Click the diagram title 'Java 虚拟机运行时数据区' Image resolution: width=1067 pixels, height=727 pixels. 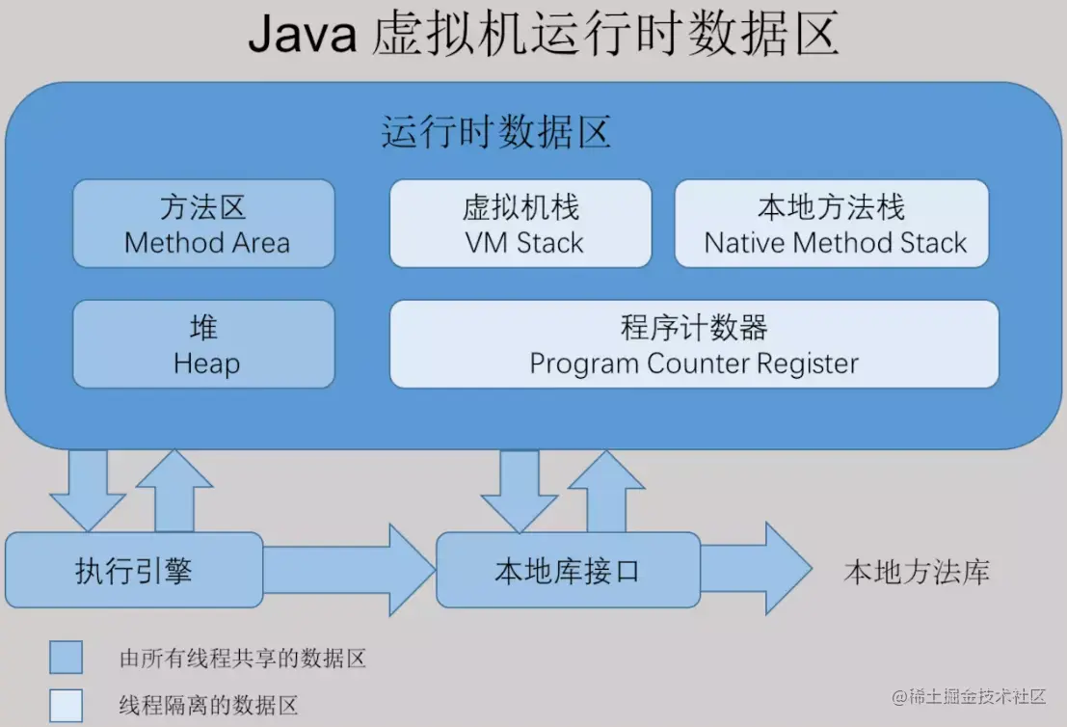tap(543, 36)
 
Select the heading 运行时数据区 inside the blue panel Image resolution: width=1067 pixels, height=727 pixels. tap(495, 132)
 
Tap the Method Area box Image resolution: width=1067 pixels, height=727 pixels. tap(204, 224)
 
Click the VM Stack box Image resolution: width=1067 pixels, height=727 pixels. tap(520, 224)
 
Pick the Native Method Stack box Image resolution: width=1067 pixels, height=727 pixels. tap(832, 224)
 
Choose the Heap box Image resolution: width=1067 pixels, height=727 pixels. tap(204, 344)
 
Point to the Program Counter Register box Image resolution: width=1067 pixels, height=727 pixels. tap(694, 344)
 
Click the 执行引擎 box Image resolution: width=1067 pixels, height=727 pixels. tap(134, 570)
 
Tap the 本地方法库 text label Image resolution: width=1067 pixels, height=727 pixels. tap(917, 573)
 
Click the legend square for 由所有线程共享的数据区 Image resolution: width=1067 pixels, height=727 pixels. tap(67, 658)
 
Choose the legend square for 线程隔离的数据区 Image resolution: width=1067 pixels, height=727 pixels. tap(67, 705)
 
